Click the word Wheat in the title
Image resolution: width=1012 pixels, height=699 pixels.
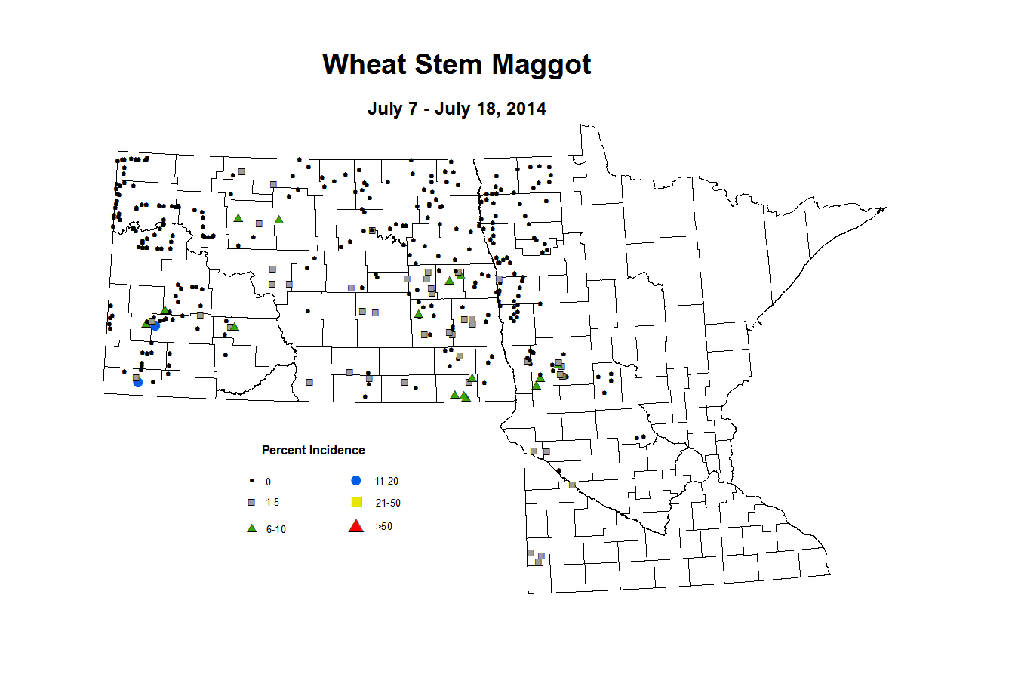[x=364, y=65]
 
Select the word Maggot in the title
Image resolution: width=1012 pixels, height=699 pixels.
[x=542, y=66]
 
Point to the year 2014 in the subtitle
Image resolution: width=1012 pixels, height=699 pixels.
[x=526, y=109]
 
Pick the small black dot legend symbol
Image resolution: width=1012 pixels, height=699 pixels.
[x=251, y=481]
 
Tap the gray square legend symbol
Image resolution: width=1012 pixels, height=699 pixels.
[x=251, y=502]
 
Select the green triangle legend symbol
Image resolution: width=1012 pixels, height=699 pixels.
[x=252, y=528]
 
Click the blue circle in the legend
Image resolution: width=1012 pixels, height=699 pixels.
[x=356, y=481]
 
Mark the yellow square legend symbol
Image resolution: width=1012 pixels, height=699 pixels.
[x=357, y=503]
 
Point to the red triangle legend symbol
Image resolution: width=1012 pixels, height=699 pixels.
[x=356, y=526]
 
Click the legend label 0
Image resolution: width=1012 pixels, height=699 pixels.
[x=268, y=482]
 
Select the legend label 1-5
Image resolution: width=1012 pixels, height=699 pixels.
[x=272, y=503]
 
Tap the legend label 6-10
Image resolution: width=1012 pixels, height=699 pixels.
[x=275, y=530]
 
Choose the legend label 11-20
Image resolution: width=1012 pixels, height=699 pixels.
[x=386, y=482]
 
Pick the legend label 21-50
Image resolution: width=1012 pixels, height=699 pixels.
[x=388, y=503]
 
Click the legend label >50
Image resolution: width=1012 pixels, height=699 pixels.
[x=384, y=527]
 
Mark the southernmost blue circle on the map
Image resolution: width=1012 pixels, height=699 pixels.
[x=138, y=383]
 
